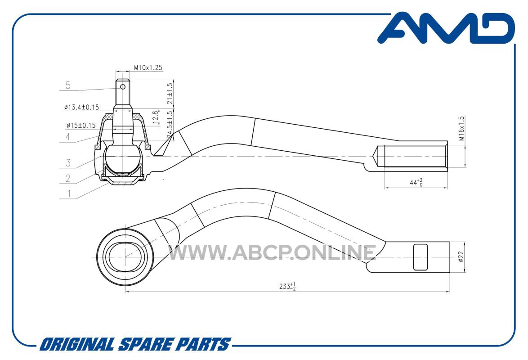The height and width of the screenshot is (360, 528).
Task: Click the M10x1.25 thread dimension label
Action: pos(148,67)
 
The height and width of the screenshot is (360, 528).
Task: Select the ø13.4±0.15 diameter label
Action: pos(81,107)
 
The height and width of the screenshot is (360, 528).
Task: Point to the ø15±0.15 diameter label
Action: pos(81,126)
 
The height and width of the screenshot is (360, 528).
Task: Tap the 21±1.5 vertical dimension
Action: pos(170,93)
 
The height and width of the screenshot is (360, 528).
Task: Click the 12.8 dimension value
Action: pos(156,117)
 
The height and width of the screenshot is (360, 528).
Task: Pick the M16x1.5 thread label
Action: pos(461,128)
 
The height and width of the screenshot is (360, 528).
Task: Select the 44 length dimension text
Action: pos(416,182)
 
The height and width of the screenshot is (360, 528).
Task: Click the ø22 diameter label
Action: pos(461,256)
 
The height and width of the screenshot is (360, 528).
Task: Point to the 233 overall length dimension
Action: pos(287,286)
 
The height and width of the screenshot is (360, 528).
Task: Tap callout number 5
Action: pos(68,85)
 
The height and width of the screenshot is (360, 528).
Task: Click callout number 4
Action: pos(68,137)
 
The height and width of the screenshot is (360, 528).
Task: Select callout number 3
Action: pos(68,163)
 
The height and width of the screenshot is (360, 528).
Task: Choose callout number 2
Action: pos(68,178)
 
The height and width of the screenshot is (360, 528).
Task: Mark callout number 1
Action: pos(69,193)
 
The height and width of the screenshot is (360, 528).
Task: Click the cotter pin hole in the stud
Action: pos(123,87)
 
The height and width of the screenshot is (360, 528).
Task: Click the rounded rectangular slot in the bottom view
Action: pos(421,257)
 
